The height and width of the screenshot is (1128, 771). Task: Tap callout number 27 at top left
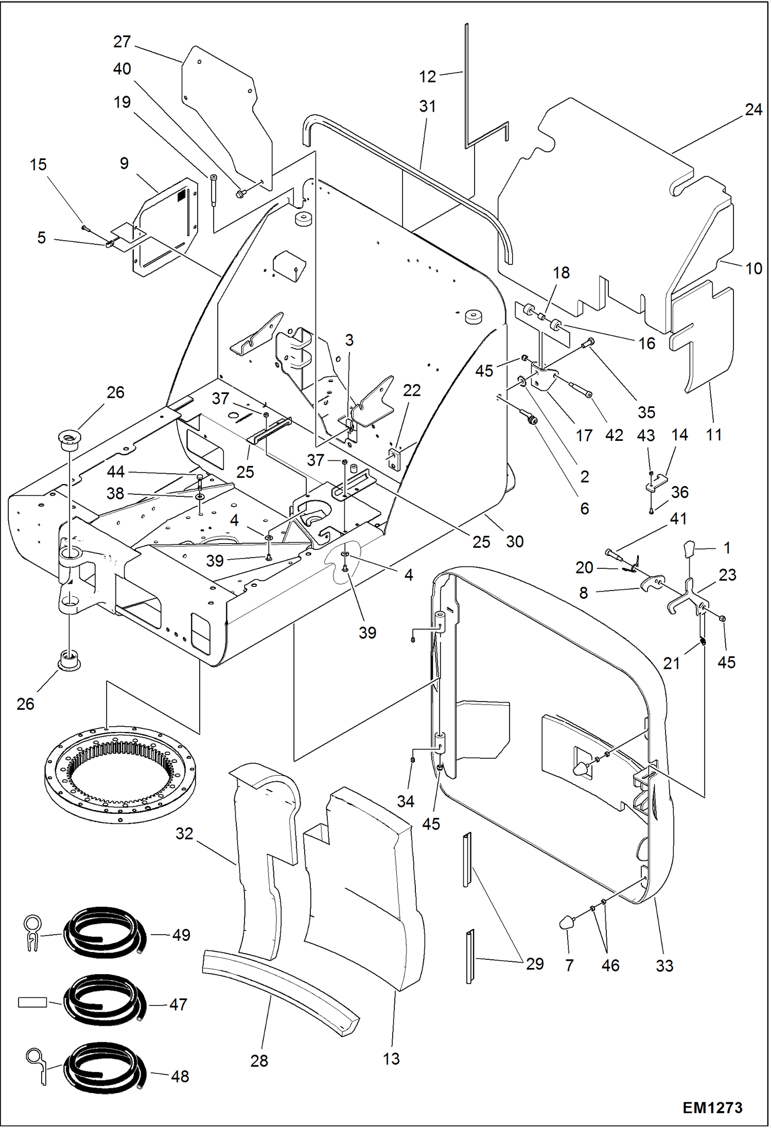(x=122, y=42)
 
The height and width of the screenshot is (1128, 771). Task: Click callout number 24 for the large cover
(x=753, y=110)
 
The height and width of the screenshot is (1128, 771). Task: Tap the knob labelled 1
(x=689, y=549)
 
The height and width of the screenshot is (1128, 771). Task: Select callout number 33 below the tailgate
(x=664, y=965)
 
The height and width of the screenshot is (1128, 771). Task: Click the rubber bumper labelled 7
(x=567, y=922)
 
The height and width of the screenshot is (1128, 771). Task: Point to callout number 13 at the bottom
(x=391, y=1059)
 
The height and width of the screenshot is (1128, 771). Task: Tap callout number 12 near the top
(x=427, y=77)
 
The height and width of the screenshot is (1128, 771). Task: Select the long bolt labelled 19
(x=214, y=190)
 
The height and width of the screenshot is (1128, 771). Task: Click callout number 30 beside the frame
(x=514, y=541)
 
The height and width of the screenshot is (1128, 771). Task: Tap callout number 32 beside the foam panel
(x=184, y=833)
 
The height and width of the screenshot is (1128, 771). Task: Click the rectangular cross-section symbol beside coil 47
(x=32, y=1002)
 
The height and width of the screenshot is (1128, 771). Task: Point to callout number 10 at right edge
(x=754, y=268)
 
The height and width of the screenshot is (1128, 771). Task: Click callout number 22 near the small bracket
(x=411, y=390)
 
